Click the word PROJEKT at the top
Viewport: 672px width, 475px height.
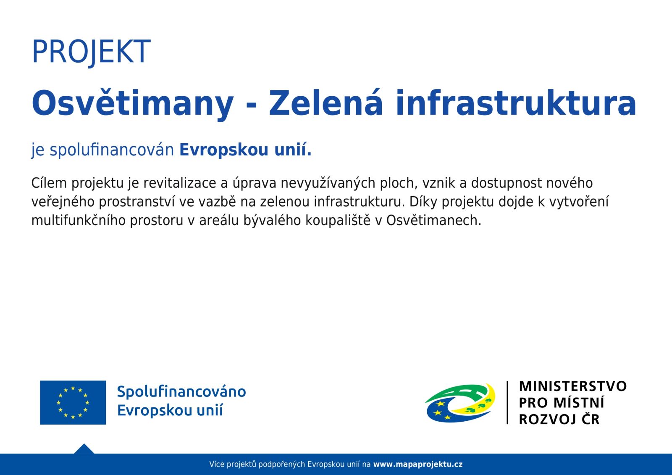point(91,52)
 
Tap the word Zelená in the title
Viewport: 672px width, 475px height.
point(326,102)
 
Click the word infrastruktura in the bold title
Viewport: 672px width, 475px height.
point(516,102)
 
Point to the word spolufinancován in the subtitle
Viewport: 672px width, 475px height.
point(112,150)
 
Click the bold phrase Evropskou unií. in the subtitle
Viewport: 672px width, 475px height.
point(245,150)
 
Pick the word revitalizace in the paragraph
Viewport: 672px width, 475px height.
point(179,183)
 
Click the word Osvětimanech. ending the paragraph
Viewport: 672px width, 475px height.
point(434,220)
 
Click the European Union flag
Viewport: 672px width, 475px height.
point(73,403)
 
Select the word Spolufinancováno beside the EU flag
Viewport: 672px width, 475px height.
point(181,392)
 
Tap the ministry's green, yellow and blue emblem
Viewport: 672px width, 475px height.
point(460,403)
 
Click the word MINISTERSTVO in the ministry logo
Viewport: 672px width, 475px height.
point(573,386)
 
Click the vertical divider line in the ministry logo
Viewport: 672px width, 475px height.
point(507,403)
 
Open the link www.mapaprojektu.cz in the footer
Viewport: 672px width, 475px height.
point(418,465)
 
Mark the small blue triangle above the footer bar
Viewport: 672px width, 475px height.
point(84,449)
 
